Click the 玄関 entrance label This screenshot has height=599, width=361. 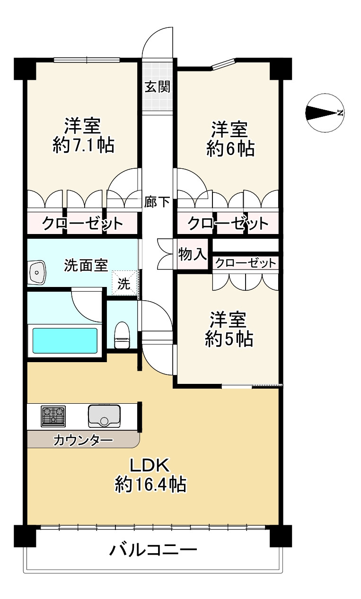(158, 87)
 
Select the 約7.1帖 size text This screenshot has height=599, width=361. (83, 145)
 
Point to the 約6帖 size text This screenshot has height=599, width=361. (230, 148)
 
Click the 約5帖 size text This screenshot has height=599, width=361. (229, 339)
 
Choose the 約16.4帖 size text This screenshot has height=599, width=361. (150, 484)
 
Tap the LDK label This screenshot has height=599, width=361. (150, 465)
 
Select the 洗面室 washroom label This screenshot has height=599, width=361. (86, 266)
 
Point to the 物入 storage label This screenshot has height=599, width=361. (193, 254)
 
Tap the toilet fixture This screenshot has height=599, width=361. (122, 335)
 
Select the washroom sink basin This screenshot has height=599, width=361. (37, 272)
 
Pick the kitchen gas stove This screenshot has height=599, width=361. (53, 417)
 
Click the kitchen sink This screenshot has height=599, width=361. (104, 416)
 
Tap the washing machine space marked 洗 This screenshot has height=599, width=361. (124, 283)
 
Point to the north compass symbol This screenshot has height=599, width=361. (325, 113)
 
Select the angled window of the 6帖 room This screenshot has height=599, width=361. (223, 64)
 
